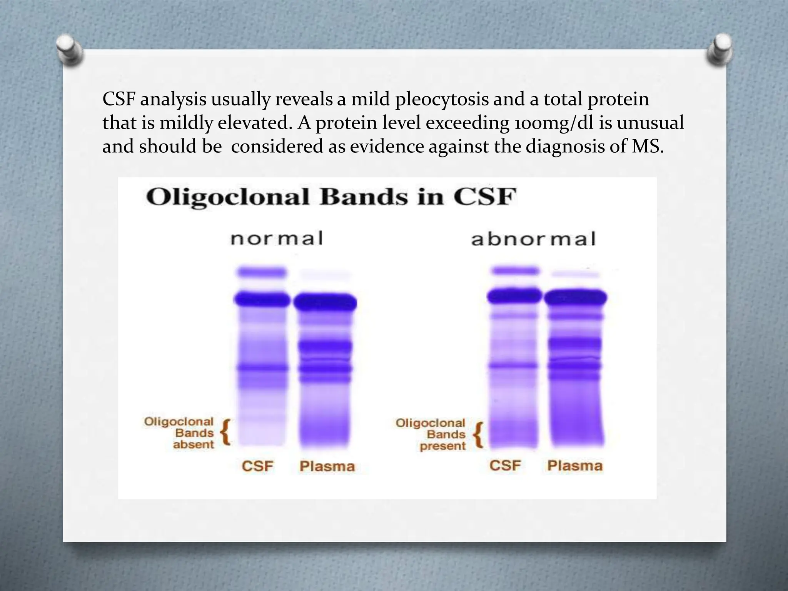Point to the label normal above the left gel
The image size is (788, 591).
277,238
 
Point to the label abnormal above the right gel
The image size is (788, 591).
533,239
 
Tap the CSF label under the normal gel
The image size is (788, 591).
257,466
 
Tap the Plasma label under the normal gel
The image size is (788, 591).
327,467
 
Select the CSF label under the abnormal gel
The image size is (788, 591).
505,466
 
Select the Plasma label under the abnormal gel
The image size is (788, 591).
575,466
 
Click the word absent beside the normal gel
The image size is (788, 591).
193,445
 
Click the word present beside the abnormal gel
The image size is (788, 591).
442,446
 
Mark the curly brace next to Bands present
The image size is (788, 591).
478,435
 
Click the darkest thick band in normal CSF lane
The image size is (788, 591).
262,299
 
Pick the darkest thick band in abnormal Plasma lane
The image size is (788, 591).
575,297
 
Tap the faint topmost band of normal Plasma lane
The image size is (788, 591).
325,275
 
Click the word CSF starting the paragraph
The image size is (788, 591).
119,99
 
